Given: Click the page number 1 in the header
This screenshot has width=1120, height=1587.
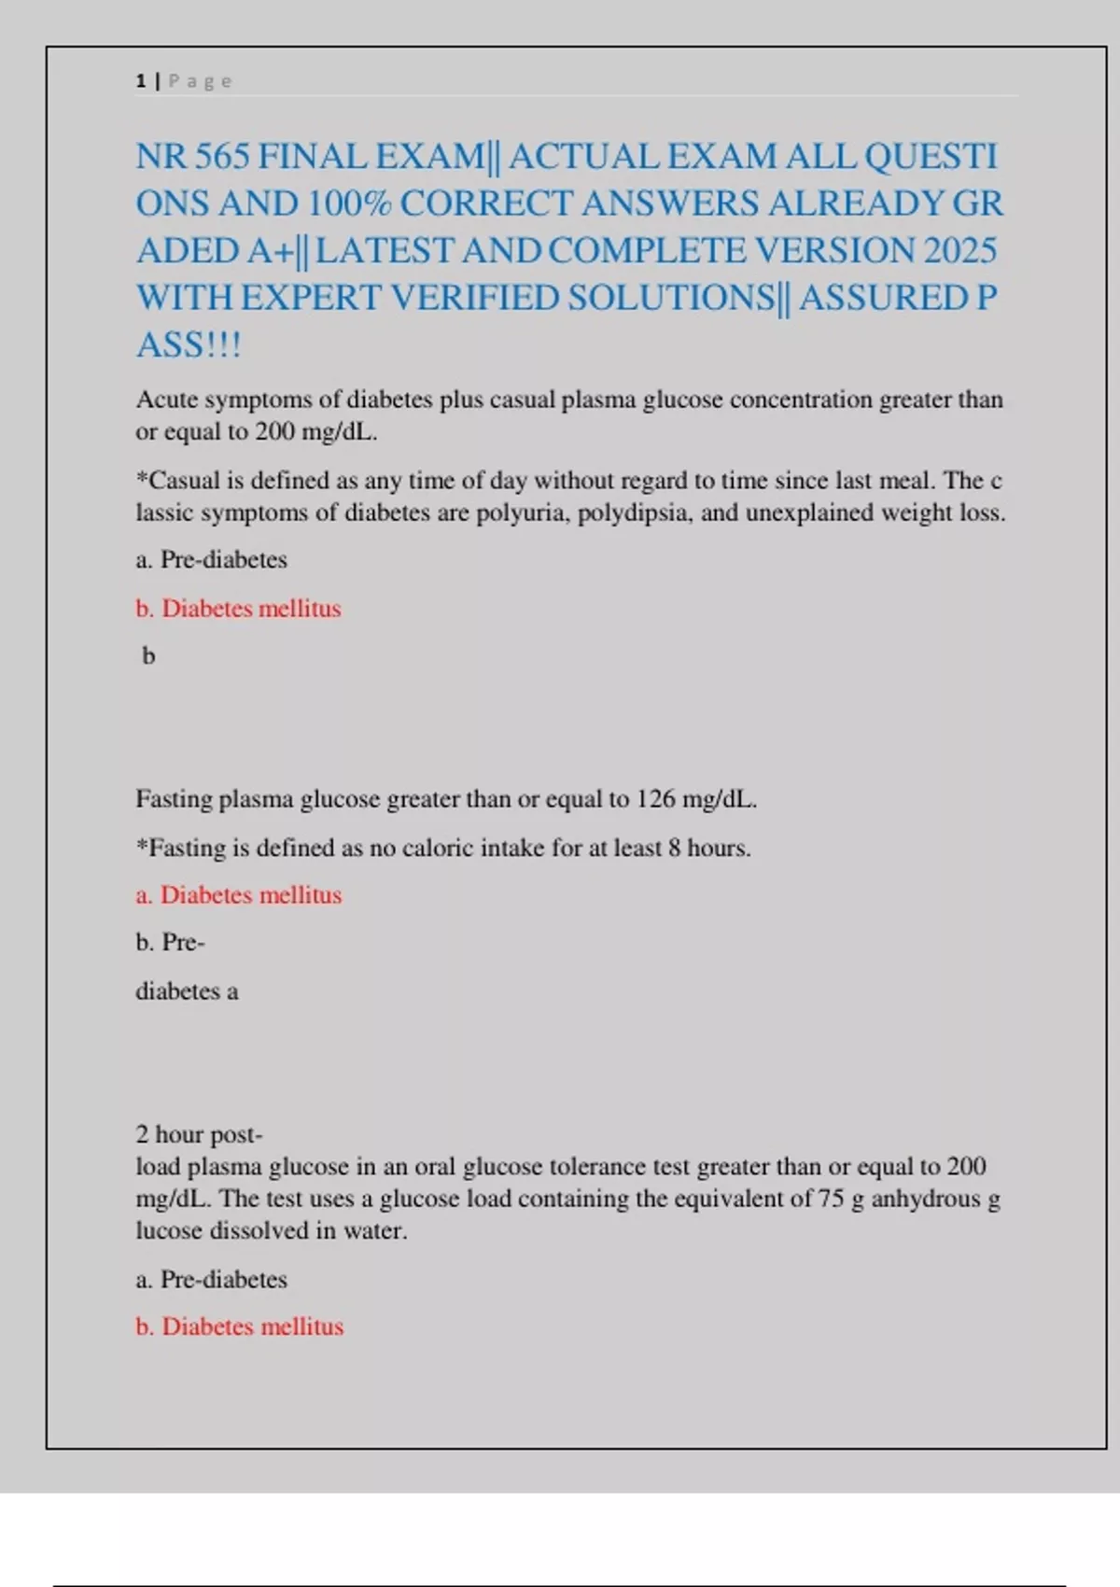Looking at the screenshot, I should coord(141,81).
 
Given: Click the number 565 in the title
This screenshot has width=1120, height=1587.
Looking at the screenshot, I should coord(222,156).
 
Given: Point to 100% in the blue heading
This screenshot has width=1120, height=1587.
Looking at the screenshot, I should coord(349,204).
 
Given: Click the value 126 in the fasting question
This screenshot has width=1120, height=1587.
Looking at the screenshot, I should coord(655,799).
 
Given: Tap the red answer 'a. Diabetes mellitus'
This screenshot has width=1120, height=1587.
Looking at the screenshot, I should coord(239,894).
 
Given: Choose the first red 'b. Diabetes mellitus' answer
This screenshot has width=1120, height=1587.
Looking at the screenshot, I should coord(239,608).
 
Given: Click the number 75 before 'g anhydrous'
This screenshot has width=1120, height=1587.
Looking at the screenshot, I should coord(831,1199).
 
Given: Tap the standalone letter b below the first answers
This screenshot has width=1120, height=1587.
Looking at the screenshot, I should coord(148,656).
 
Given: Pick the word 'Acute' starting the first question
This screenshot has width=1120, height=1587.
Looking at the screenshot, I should coord(167,400).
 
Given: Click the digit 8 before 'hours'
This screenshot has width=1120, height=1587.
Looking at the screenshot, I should coord(674,848).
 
